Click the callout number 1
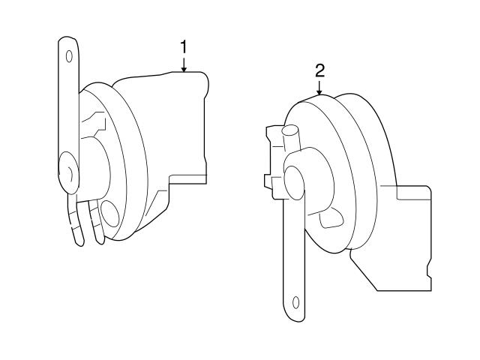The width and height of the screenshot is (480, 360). click(x=183, y=47)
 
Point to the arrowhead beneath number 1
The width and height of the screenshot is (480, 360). click(x=183, y=69)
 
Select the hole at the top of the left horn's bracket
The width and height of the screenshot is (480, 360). click(x=69, y=55)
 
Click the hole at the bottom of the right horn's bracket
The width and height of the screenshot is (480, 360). click(x=295, y=304)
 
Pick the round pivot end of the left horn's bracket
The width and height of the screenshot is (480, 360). click(x=67, y=171)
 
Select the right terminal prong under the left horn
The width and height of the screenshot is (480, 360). click(x=96, y=225)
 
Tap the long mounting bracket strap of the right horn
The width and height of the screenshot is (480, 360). click(x=295, y=255)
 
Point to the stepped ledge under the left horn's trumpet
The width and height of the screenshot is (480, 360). click(x=187, y=178)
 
